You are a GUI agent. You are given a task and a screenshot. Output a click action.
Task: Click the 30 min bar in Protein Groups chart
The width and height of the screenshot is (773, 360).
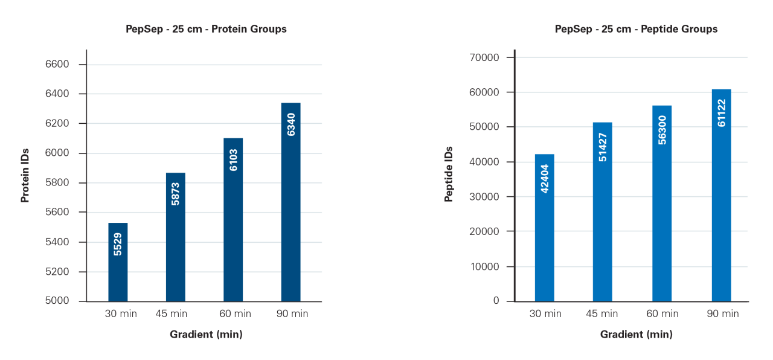[118, 262]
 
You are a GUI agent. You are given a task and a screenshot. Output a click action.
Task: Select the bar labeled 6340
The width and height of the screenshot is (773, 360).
[291, 202]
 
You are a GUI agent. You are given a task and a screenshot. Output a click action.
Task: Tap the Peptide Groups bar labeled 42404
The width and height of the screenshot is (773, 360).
[544, 228]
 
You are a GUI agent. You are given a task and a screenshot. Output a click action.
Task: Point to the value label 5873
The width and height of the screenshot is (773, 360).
[176, 193]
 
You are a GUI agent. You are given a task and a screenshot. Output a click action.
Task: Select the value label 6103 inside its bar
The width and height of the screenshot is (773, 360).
[233, 159]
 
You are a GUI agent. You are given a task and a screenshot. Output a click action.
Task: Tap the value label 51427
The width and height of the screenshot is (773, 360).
[602, 147]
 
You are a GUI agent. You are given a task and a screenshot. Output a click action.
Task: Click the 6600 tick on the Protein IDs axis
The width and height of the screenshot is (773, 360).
[57, 65]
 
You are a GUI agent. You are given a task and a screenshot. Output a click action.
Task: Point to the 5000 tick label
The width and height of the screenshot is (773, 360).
[57, 301]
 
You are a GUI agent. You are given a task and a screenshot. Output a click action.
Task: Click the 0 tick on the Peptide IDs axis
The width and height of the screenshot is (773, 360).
[496, 301]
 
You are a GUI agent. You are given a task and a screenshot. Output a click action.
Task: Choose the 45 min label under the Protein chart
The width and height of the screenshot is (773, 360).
[171, 313]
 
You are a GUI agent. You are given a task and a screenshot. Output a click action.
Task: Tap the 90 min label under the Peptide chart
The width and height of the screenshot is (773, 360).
[723, 313]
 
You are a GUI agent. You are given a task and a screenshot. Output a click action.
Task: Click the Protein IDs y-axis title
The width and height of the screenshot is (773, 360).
[25, 176]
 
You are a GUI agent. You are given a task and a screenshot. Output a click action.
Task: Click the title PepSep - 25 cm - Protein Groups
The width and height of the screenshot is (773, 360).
[206, 29]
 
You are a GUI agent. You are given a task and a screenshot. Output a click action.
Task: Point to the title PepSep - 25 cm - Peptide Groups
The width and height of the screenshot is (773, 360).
[636, 29]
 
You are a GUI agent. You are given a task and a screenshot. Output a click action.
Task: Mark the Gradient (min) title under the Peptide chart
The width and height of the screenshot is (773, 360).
[636, 334]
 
